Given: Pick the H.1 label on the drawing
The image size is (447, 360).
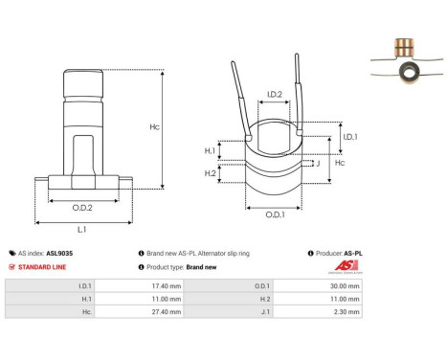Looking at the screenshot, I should (211, 150).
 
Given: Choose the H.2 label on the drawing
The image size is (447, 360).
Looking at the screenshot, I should (211, 173).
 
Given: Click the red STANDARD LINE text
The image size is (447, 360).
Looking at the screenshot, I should (44, 266).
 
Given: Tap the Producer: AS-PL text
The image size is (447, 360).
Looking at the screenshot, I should (340, 254).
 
